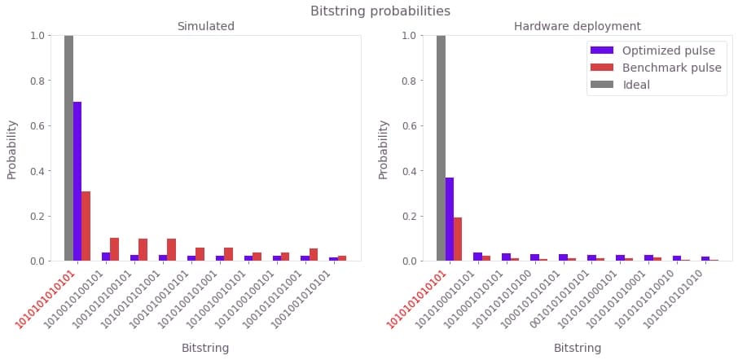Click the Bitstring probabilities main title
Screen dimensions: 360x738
(380, 11)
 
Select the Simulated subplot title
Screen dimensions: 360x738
(206, 27)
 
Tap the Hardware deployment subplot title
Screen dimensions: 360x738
(578, 27)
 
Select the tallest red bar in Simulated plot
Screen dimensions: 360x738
(86, 226)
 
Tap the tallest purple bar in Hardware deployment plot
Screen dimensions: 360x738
(450, 219)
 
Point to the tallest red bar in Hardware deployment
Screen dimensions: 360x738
(458, 239)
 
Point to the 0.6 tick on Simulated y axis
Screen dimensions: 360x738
(38, 125)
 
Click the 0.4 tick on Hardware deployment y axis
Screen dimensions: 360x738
(411, 171)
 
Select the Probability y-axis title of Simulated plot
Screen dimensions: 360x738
(12, 149)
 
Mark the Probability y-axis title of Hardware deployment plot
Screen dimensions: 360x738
(384, 149)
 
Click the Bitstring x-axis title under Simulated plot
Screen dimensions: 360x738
(205, 348)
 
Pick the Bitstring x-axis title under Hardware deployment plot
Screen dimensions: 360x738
(578, 348)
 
